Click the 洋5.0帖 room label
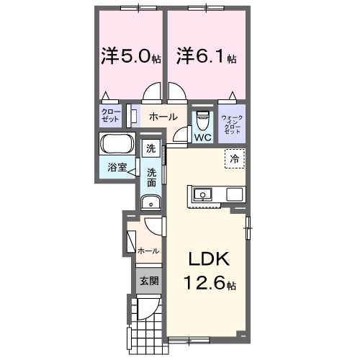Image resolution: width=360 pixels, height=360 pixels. [x=131, y=56]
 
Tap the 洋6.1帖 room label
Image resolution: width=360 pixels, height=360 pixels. [x=207, y=56]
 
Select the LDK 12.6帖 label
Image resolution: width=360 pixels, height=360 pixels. [x=210, y=271]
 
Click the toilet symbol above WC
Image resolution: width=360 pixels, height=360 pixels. [x=203, y=120]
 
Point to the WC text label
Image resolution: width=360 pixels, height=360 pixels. [x=203, y=138]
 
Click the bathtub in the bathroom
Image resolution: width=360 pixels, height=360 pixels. [x=117, y=143]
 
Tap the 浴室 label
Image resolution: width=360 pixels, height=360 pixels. [x=117, y=167]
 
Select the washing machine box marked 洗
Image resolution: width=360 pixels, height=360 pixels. [x=151, y=148]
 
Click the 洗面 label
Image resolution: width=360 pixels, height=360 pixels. [x=151, y=178]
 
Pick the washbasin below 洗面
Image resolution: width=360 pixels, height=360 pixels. [x=151, y=202]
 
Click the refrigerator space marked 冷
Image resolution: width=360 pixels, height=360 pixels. [x=235, y=158]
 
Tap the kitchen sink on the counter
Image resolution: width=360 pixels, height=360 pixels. [x=203, y=194]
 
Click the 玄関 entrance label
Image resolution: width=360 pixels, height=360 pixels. [x=149, y=281]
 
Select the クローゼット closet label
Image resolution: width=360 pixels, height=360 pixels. [x=111, y=115]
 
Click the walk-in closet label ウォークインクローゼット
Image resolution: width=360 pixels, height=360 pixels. [x=232, y=125]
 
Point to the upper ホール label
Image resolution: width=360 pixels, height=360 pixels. [x=163, y=117]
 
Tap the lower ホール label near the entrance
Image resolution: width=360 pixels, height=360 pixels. [x=148, y=251]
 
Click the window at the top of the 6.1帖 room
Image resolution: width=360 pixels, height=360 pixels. [x=207, y=8]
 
